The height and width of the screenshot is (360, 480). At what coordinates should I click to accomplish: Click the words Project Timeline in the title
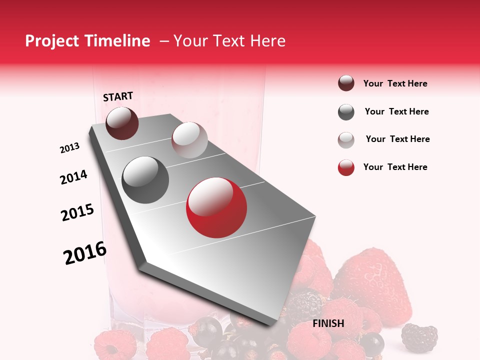tap(87, 41)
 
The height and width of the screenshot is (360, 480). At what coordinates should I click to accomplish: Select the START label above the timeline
tap(118, 96)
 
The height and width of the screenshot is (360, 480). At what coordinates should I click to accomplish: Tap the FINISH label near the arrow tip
tap(328, 323)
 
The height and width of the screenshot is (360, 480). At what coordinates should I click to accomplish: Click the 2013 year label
tap(69, 148)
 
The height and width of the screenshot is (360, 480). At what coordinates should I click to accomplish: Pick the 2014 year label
tap(73, 177)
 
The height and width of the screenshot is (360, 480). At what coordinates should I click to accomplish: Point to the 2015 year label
tap(77, 212)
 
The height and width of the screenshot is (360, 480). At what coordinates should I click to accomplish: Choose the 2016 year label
tap(85, 253)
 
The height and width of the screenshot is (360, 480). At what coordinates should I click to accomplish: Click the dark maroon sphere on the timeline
tap(122, 123)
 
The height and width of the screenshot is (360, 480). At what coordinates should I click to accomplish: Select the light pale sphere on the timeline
tap(189, 140)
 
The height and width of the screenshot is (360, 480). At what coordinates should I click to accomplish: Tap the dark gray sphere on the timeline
tap(145, 180)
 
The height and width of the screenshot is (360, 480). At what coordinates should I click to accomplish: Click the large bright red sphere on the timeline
tap(216, 207)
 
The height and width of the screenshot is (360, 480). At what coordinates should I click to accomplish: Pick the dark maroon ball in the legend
tap(346, 83)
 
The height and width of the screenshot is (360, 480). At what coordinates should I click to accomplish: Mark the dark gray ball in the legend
tap(346, 112)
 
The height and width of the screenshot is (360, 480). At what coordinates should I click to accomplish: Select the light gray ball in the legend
tap(346, 140)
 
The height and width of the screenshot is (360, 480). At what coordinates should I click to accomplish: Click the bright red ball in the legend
tap(346, 168)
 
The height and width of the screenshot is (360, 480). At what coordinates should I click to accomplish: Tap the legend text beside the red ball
tap(395, 167)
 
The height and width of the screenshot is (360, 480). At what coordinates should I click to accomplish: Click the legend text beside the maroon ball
tap(395, 83)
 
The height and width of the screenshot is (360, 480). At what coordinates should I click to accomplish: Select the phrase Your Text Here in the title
tap(229, 41)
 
